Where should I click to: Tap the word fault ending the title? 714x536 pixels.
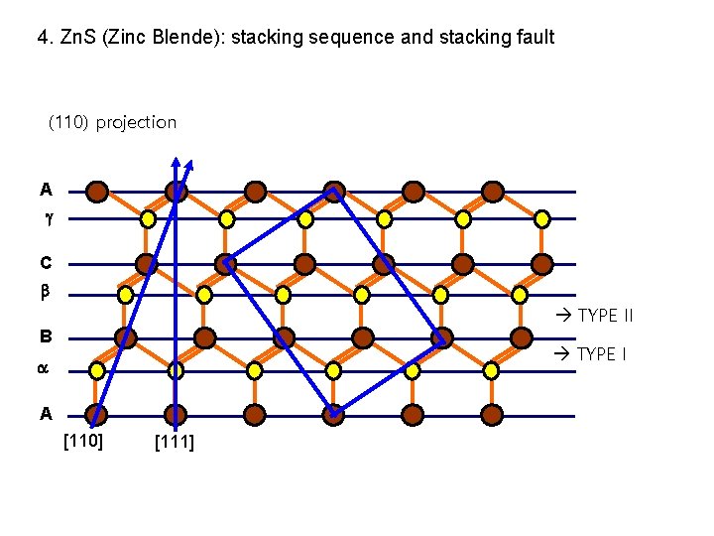[x=535, y=38]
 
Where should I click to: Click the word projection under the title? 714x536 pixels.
[x=136, y=123]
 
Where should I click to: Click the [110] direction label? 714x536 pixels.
[x=83, y=440]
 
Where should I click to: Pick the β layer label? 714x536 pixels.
[x=45, y=294]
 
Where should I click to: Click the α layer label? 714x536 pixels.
[x=43, y=369]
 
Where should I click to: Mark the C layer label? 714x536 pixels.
[x=46, y=264]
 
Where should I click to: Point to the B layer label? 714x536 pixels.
[x=46, y=335]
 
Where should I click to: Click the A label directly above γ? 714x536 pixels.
[x=46, y=190]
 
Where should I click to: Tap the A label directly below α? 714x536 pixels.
[x=46, y=413]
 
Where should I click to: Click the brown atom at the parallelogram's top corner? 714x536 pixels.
[x=334, y=191]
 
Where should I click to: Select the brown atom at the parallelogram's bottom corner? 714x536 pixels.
[x=333, y=413]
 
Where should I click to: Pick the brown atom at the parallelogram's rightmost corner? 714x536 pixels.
[x=442, y=338]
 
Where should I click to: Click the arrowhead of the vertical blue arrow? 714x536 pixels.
[x=176, y=162]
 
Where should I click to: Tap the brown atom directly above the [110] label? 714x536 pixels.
[x=96, y=413]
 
